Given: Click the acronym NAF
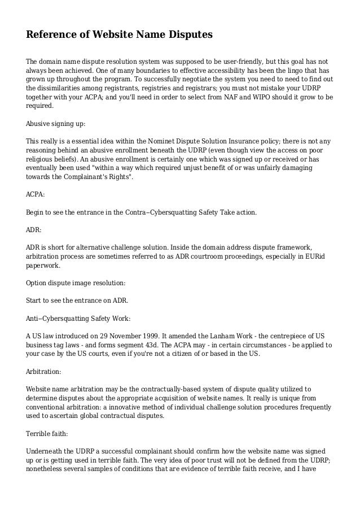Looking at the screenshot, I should (x=225, y=97).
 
